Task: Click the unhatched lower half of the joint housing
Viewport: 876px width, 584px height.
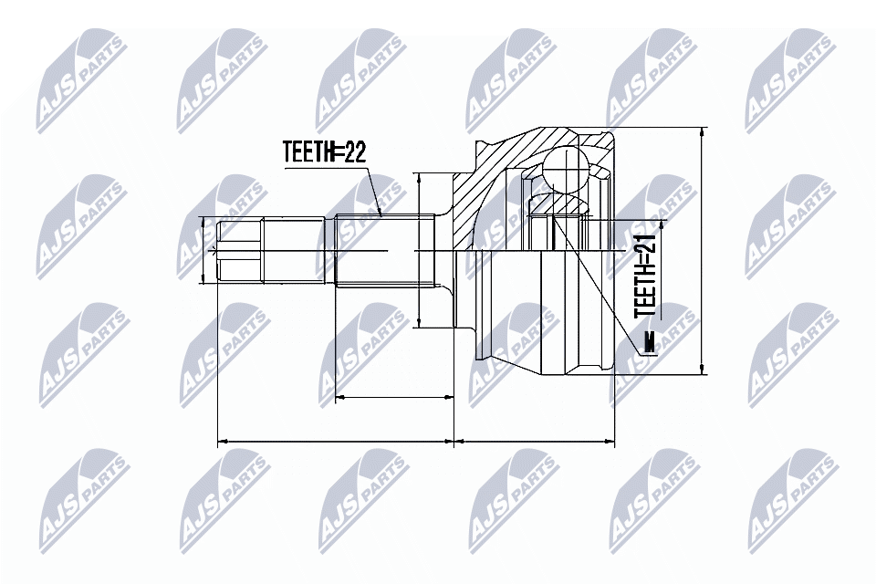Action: pyautogui.click(x=538, y=310)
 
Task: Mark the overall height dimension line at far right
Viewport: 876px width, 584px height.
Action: pyautogui.click(x=702, y=251)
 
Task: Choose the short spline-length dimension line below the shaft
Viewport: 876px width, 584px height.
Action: pyautogui.click(x=394, y=397)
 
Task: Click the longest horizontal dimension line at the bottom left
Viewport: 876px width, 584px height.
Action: pyautogui.click(x=335, y=442)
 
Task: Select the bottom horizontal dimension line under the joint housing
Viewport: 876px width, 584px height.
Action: pyautogui.click(x=535, y=442)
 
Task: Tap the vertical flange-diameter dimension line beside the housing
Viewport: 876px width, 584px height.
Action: pyautogui.click(x=419, y=249)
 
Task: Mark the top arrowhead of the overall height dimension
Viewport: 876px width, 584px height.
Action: pyautogui.click(x=702, y=132)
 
